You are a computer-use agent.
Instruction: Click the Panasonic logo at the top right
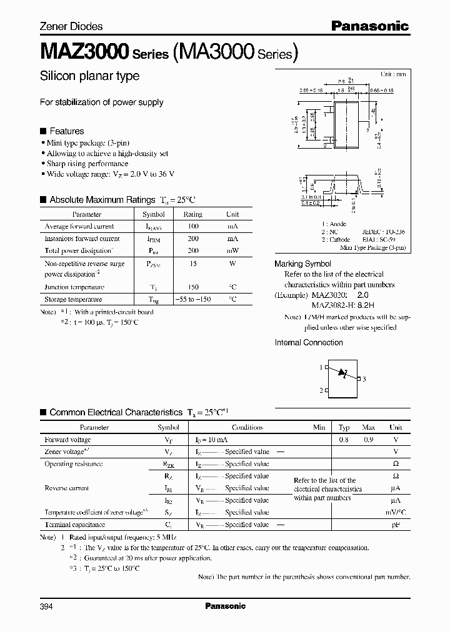click(x=369, y=26)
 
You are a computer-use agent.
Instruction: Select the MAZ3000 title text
click(x=84, y=52)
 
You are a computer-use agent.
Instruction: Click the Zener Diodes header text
click(x=71, y=26)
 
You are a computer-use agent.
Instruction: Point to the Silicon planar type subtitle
click(x=89, y=76)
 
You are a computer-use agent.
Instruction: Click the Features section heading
click(x=66, y=131)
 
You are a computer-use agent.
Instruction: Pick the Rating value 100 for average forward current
click(x=192, y=226)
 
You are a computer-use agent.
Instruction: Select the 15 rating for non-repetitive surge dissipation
click(x=192, y=264)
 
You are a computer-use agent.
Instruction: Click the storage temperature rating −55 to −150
click(x=193, y=299)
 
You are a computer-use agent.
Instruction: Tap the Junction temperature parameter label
click(x=74, y=287)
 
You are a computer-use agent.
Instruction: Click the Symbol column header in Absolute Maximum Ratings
click(x=154, y=214)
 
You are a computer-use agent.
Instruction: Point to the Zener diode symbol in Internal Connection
click(x=342, y=373)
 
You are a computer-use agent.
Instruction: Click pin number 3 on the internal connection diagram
click(x=364, y=378)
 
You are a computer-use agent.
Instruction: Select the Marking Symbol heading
click(x=302, y=264)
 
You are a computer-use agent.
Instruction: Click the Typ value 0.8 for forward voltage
click(x=344, y=440)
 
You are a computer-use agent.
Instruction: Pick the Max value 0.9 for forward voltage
click(x=369, y=440)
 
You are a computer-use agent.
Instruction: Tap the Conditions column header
click(x=247, y=428)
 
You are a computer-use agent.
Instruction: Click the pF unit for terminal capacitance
click(x=396, y=525)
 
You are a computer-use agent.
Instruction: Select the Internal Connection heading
click(x=309, y=342)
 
